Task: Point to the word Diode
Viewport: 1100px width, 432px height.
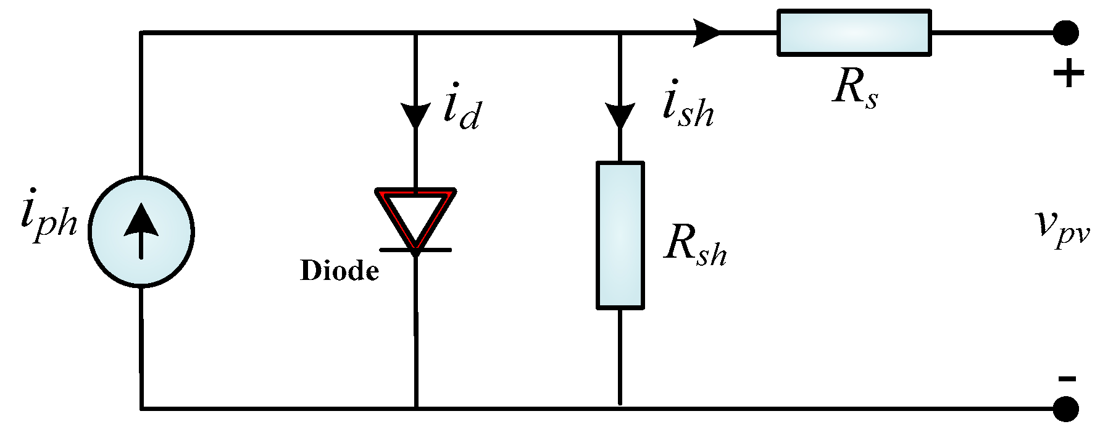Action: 340,271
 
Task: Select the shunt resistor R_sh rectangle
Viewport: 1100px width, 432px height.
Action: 620,235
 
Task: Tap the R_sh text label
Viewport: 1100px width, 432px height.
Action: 695,245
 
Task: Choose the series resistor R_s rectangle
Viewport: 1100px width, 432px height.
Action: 854,33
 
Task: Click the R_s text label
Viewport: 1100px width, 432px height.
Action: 855,88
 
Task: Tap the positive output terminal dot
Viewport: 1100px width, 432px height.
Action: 1065,33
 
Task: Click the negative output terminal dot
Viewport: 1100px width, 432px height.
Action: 1065,409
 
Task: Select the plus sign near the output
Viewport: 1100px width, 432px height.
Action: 1068,74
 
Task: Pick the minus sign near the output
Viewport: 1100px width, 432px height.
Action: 1067,379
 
